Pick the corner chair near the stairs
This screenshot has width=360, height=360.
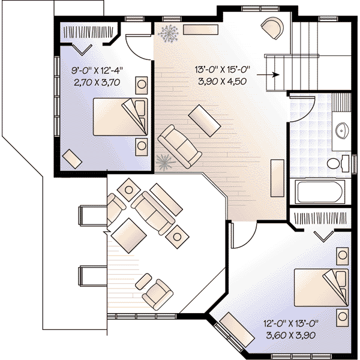273,28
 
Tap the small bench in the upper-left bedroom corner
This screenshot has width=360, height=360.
73,158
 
